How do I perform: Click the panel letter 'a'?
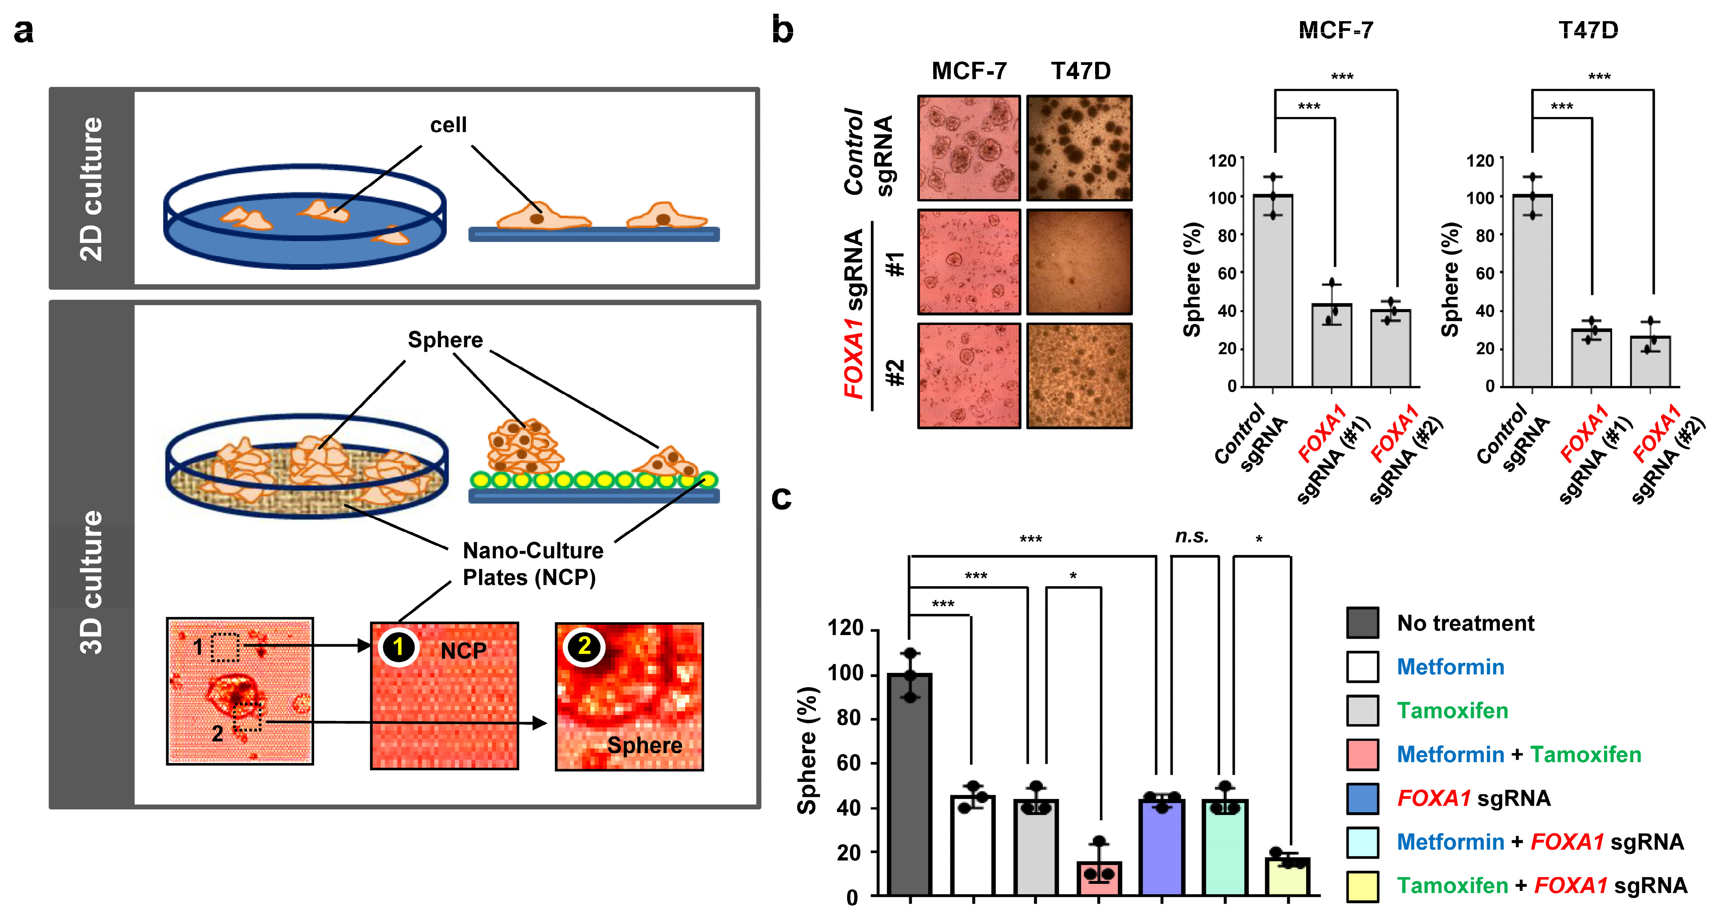[x=23, y=31]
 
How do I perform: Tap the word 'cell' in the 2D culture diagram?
[x=448, y=125]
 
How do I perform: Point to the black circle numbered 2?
[x=584, y=646]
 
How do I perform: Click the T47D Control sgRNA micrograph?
[x=1079, y=148]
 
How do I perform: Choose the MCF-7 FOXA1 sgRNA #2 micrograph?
[x=969, y=375]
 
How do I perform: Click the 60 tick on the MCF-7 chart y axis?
[x=1227, y=273]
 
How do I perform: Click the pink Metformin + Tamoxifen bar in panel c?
[x=1099, y=878]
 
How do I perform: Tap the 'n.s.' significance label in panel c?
[x=1192, y=537]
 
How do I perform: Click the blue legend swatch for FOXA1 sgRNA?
[x=1362, y=798]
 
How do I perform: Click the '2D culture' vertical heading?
[x=91, y=188]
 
